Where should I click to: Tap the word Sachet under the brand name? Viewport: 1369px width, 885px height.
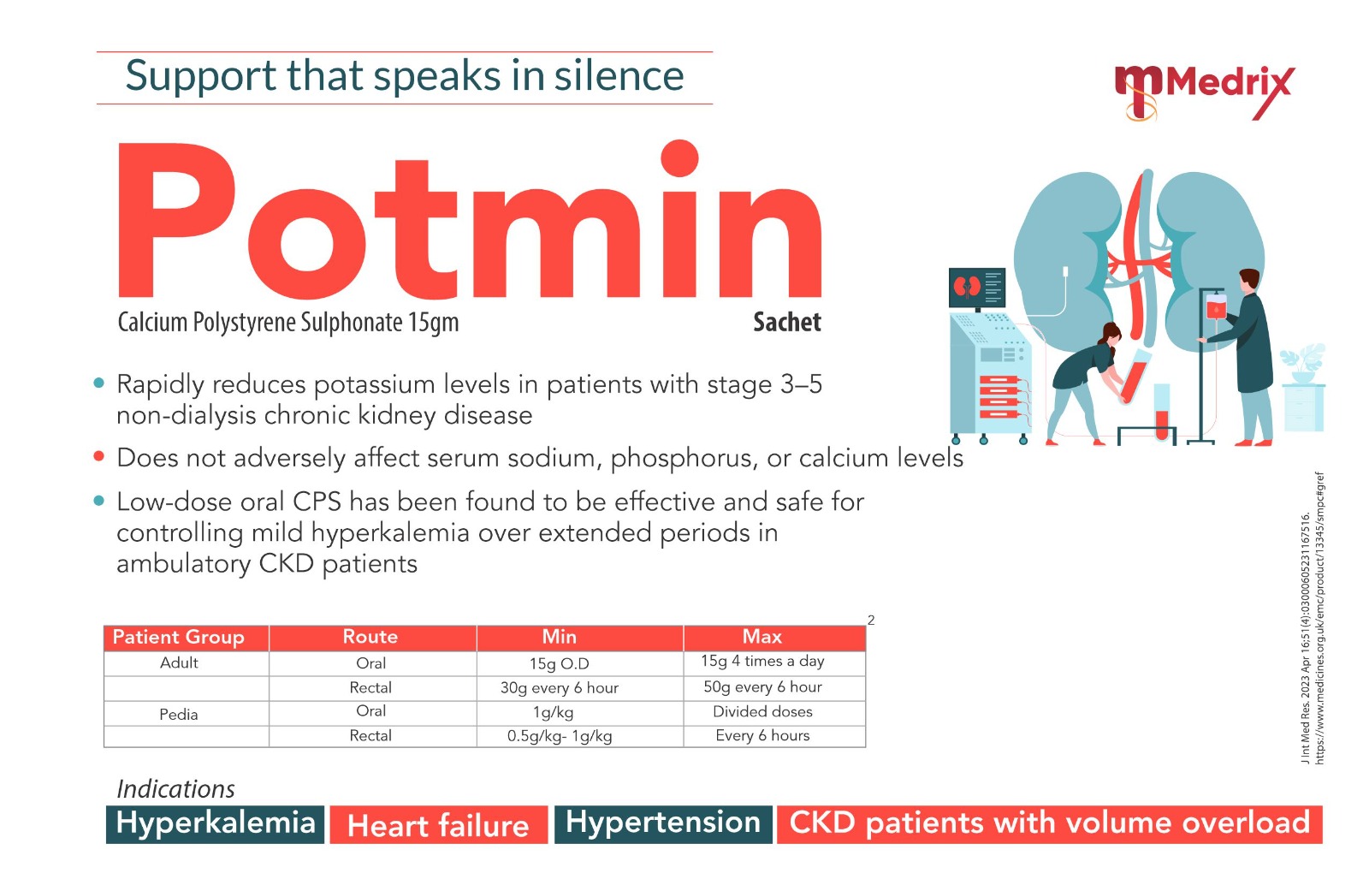pos(787,322)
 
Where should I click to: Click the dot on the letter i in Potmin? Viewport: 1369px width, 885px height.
pos(679,158)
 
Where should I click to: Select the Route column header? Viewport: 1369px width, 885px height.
pos(370,637)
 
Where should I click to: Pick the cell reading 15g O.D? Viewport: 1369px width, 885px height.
pos(560,664)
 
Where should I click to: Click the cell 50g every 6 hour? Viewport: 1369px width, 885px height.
pos(762,687)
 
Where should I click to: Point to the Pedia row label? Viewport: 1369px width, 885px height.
pos(179,715)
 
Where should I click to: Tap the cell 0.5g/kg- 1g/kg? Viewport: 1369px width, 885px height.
pos(560,736)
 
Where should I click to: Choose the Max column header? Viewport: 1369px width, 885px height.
pos(762,637)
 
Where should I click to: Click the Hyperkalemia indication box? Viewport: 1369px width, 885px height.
pos(215,824)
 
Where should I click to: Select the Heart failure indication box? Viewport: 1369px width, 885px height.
pos(439,825)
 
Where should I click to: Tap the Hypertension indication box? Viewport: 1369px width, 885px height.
pos(663,824)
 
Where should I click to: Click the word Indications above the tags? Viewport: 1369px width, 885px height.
pos(175,789)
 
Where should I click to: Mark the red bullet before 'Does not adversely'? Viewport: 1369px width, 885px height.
pos(99,456)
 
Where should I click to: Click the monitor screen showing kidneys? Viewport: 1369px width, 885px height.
pos(976,288)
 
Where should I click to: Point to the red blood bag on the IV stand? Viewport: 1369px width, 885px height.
pos(1215,306)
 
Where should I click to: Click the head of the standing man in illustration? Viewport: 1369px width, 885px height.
pos(1249,281)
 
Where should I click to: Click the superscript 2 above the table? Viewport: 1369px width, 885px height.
pos(871,621)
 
